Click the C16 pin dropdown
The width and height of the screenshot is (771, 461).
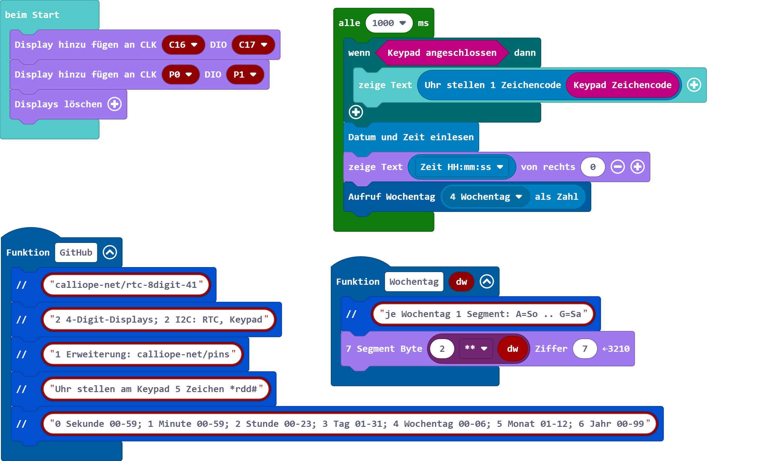(x=183, y=45)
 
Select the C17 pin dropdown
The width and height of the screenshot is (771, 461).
(x=253, y=45)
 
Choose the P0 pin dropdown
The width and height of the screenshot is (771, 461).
(x=180, y=74)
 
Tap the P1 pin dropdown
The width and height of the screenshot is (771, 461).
(x=245, y=74)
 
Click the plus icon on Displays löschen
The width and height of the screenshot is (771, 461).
(x=114, y=104)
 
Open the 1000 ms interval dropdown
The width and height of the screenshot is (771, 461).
(x=389, y=23)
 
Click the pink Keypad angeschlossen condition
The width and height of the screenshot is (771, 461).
(x=442, y=53)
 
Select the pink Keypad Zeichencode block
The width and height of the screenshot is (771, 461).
(x=622, y=85)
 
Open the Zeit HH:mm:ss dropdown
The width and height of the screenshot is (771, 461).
(x=461, y=167)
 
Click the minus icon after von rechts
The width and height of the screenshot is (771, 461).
(x=617, y=167)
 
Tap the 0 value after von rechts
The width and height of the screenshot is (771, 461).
(x=593, y=167)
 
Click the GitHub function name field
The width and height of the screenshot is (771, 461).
(x=76, y=253)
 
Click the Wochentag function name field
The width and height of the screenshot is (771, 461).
(x=414, y=282)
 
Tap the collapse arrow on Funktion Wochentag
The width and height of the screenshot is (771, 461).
(x=487, y=282)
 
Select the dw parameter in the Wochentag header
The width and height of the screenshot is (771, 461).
(x=461, y=282)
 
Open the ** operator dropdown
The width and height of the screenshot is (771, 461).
(x=476, y=349)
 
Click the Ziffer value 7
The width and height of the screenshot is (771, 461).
(x=585, y=349)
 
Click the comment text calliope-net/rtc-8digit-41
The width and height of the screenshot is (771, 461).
(x=126, y=285)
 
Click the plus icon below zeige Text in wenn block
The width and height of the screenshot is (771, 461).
(x=356, y=112)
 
